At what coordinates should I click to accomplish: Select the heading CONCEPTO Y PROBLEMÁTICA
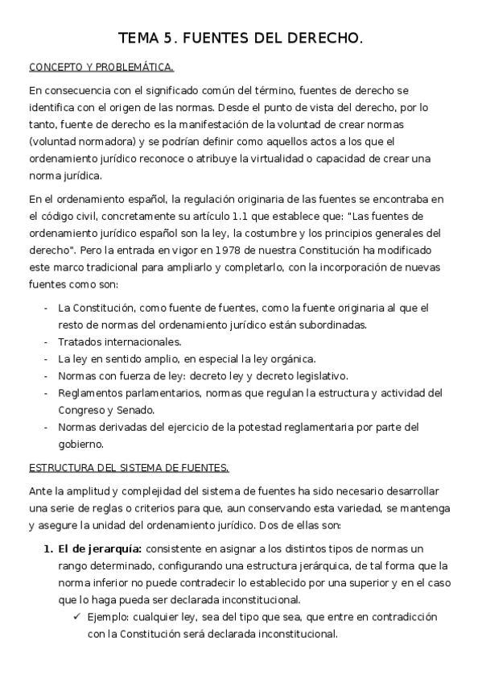tap(101, 67)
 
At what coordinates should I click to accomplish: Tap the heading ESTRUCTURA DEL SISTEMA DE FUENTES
tap(129, 468)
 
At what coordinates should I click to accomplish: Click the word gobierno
tap(82, 444)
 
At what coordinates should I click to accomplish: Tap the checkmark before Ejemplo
tap(76, 616)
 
